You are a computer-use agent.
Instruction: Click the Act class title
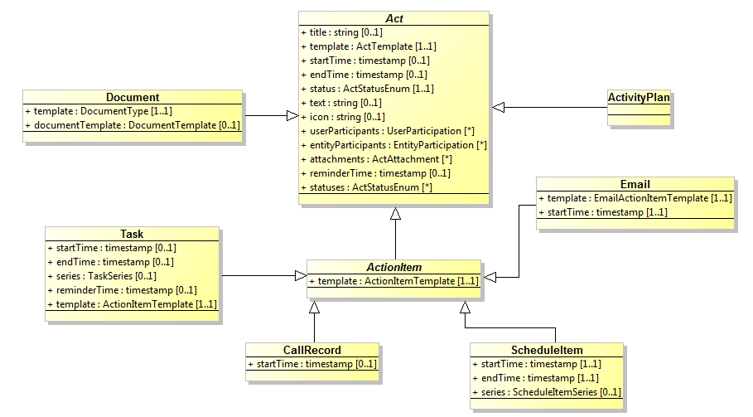[393, 18]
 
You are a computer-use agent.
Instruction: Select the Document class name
[133, 98]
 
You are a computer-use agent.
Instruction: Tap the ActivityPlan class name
[639, 98]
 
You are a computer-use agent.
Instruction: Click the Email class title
[635, 184]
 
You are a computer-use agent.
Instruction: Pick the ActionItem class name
[394, 268]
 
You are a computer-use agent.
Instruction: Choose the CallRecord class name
[312, 350]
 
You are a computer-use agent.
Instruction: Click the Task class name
[132, 234]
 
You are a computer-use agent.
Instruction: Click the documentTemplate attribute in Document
[133, 125]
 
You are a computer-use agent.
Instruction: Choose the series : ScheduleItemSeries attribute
[546, 392]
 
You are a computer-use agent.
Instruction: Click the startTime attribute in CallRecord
[312, 364]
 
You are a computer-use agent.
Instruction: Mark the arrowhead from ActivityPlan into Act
[498, 107]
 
